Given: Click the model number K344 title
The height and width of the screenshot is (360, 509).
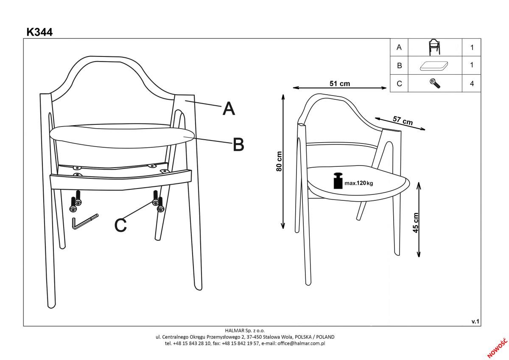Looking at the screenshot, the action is point(39,32).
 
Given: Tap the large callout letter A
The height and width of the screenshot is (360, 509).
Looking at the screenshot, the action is point(229,108).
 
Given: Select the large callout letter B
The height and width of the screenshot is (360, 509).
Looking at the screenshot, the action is point(238,144).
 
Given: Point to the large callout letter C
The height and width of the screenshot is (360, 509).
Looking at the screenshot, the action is point(120,225).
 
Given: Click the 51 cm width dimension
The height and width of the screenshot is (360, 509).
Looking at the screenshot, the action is point(340,84).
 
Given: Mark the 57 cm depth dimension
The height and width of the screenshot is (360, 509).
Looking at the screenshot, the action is point(403,121).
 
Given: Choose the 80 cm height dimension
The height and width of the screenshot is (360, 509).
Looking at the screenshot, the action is point(279,161).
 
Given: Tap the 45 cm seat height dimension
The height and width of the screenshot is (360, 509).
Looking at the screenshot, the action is point(415,222).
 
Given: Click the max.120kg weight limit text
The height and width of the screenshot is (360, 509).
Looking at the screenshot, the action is point(359,183).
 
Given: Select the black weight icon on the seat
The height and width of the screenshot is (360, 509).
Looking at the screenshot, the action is point(338,181).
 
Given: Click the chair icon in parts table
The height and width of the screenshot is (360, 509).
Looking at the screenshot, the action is point(434,47).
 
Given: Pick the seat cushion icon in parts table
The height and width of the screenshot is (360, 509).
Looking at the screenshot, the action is point(434,66).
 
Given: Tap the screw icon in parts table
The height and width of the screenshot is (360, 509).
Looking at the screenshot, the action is point(435,84).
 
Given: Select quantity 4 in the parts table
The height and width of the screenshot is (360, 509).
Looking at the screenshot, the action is point(472,84).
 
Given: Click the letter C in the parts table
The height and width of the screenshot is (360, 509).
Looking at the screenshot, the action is point(399,84).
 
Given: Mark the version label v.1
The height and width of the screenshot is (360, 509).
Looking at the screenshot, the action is point(475,321).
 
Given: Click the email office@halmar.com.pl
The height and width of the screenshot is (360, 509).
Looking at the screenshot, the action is point(301,343).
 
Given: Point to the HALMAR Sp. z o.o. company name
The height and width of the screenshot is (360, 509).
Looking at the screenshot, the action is point(245,330).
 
